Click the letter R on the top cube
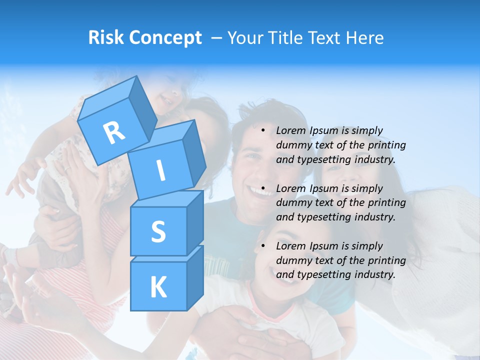pyautogui.click(x=114, y=132)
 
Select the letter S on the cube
pyautogui.click(x=158, y=231)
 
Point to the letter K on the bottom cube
pyautogui.click(x=158, y=287)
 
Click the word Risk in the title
pyautogui.click(x=105, y=37)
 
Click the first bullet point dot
pyautogui.click(x=263, y=130)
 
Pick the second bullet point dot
pyautogui.click(x=263, y=188)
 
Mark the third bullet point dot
pyautogui.click(x=263, y=246)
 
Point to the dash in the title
pyautogui.click(x=217, y=37)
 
